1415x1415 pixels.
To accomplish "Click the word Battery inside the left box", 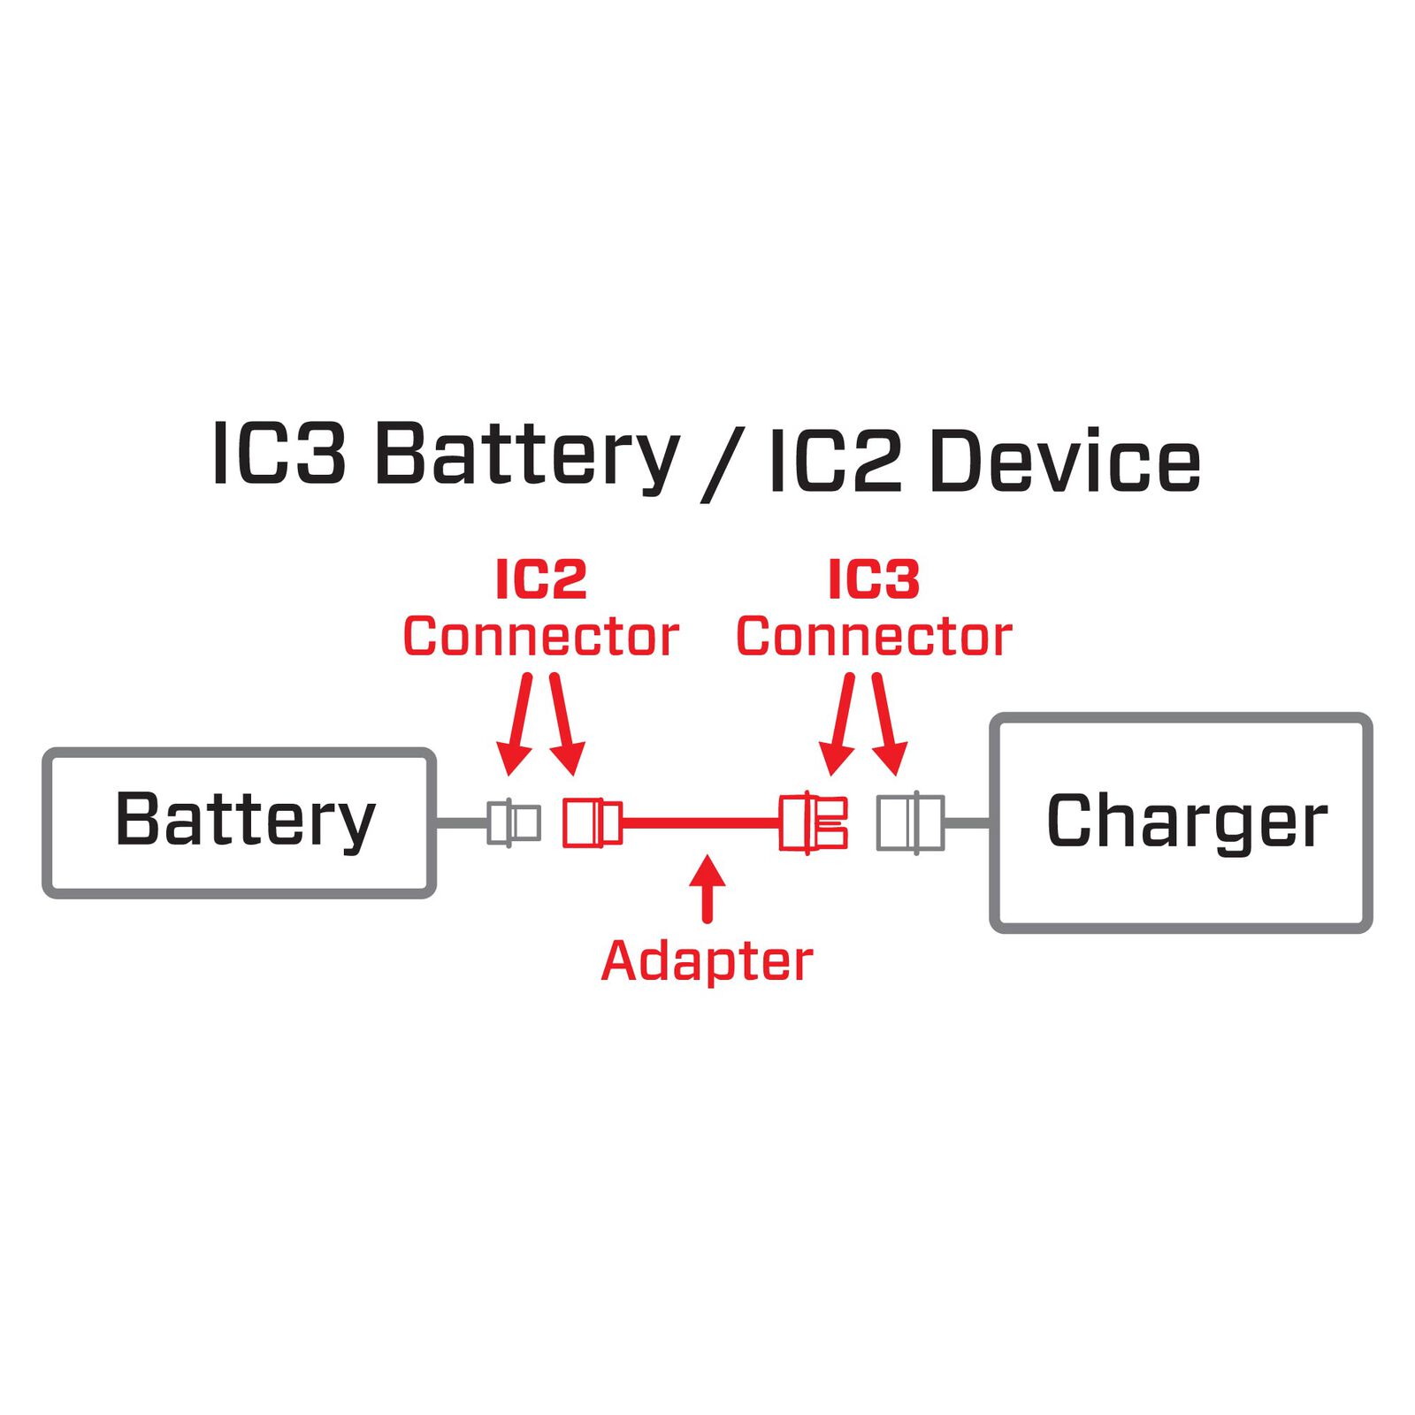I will tap(245, 820).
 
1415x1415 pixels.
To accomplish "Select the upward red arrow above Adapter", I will tap(706, 887).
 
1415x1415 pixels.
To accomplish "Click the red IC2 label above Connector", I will tap(540, 580).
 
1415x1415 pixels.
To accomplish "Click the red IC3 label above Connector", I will tap(874, 580).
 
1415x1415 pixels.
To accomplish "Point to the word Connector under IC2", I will tap(540, 637).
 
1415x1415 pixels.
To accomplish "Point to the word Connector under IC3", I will tap(874, 637).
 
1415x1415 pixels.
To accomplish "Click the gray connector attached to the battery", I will tap(514, 822).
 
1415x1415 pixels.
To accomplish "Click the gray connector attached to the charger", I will tap(910, 822).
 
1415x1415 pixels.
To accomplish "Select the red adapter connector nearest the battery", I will tap(592, 822).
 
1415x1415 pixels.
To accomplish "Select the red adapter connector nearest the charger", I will tap(813, 822).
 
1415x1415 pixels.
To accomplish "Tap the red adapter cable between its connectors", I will tap(700, 822).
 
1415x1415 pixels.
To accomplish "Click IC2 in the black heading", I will tap(834, 460).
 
